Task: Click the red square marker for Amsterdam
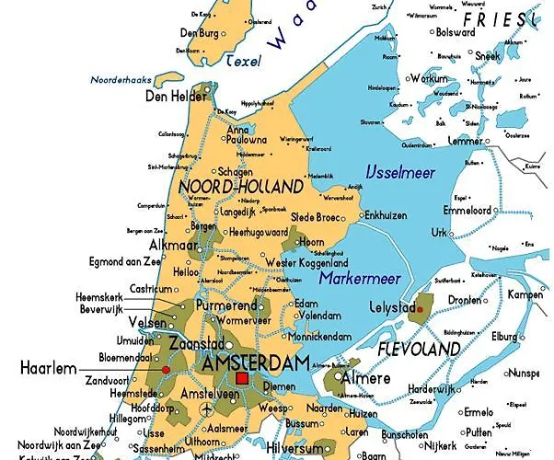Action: [242, 377]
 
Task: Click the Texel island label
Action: [245, 60]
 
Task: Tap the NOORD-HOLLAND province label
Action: [240, 187]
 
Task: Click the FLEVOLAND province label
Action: [419, 350]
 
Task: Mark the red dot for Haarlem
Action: [166, 369]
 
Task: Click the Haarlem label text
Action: [49, 368]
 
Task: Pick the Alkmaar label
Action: [175, 246]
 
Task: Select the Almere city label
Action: [362, 378]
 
